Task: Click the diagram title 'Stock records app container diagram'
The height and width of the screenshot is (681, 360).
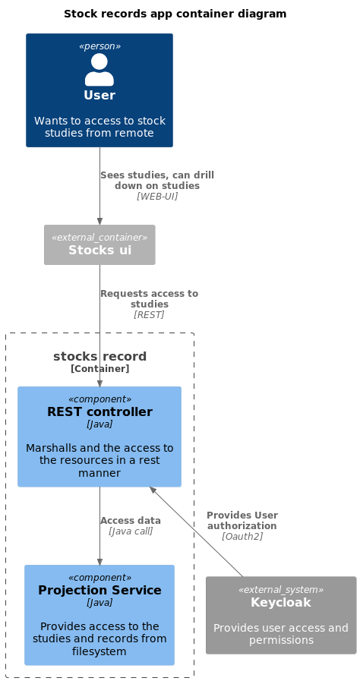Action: coord(175,14)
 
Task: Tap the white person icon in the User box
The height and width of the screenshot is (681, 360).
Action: coord(99,70)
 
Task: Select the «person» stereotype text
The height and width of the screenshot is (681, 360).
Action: coord(99,46)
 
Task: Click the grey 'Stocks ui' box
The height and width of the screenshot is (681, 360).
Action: coord(99,244)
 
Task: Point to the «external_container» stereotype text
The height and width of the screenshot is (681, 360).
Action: coord(99,237)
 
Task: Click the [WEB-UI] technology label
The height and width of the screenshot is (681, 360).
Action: coord(157,196)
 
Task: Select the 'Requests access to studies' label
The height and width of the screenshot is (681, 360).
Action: coord(149,298)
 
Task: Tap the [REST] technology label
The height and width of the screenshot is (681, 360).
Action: coord(149,314)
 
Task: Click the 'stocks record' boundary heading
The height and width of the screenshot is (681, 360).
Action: coord(99,357)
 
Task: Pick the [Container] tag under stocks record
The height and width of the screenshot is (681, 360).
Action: coord(99,369)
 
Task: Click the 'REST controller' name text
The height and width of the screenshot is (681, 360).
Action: coord(99,412)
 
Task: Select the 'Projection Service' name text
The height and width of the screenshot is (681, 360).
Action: coord(99,590)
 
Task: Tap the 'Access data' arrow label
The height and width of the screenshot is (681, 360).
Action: coord(131,521)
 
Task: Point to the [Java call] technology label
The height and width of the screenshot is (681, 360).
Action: coord(131,531)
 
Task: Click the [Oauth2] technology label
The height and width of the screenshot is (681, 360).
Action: coord(242,536)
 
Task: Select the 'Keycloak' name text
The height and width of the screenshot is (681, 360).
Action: coord(281,602)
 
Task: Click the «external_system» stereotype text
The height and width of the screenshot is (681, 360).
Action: coord(281,590)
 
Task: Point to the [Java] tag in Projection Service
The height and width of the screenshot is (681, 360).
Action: coord(99,602)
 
